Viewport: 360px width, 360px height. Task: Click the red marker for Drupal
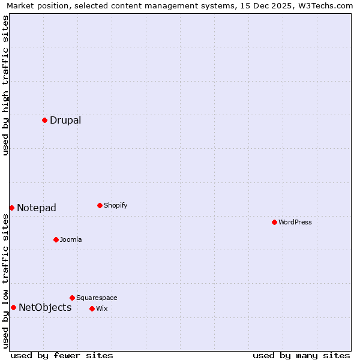pyautogui.click(x=44, y=120)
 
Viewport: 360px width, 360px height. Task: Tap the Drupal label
pyautogui.click(x=65, y=120)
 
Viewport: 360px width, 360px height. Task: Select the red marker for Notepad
pyautogui.click(x=11, y=208)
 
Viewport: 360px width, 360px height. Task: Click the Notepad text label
pyautogui.click(x=37, y=208)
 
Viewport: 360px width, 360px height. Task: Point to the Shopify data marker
pyautogui.click(x=100, y=205)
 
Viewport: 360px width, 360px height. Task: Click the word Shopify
pyautogui.click(x=116, y=205)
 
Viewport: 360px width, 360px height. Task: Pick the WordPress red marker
pyautogui.click(x=274, y=222)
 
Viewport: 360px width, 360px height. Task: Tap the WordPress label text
pyautogui.click(x=295, y=222)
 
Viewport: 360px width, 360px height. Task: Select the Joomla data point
pyautogui.click(x=56, y=239)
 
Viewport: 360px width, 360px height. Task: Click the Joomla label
pyautogui.click(x=71, y=239)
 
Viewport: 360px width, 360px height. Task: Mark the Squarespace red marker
pyautogui.click(x=72, y=298)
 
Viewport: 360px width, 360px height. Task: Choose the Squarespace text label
pyautogui.click(x=97, y=298)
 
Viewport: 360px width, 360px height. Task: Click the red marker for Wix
pyautogui.click(x=92, y=308)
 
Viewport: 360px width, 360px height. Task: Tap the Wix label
pyautogui.click(x=102, y=308)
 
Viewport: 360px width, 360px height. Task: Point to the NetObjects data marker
pyautogui.click(x=13, y=307)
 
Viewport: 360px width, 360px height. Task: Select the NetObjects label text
pyautogui.click(x=45, y=308)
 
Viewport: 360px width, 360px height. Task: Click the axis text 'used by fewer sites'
pyautogui.click(x=62, y=355)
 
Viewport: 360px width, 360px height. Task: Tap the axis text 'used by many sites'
pyautogui.click(x=301, y=355)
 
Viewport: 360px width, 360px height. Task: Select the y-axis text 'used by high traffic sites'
pyautogui.click(x=6, y=85)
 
